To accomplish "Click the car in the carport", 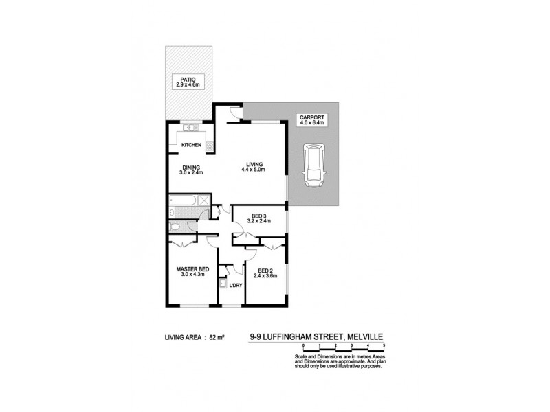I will click(313, 164).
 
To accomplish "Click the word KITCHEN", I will click(190, 145).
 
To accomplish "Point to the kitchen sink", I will click(191, 128).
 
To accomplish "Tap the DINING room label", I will click(190, 168).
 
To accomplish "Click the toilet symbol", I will click(175, 227).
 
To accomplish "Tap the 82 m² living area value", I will click(219, 337).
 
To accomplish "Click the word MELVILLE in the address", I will click(365, 337).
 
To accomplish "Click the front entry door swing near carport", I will click(235, 115).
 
